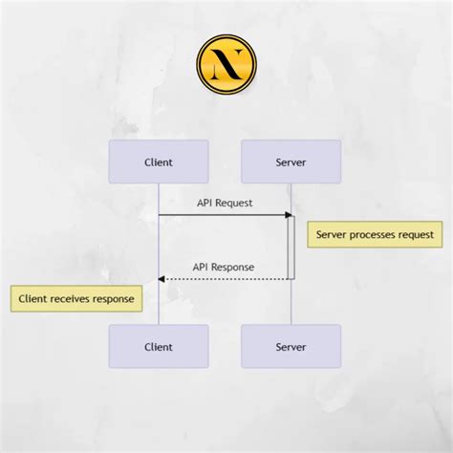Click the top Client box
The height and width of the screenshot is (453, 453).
159,162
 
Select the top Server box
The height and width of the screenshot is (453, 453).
291,162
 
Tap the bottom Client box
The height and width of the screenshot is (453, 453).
159,346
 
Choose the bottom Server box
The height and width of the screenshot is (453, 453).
291,346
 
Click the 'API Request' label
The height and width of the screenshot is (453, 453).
225,203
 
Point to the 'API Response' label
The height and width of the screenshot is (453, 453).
225,267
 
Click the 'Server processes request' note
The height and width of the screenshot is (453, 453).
375,234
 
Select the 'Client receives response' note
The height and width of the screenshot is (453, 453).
75,298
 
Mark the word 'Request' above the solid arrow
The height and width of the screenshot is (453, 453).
236,203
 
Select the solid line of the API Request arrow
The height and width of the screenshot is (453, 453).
220,215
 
